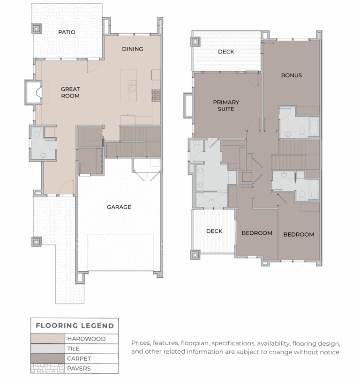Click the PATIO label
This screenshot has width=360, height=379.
pyautogui.click(x=67, y=32)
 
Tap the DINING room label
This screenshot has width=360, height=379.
pyautogui.click(x=132, y=49)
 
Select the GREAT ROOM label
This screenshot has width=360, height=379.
pyautogui.click(x=70, y=92)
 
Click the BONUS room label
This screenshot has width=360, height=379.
pyautogui.click(x=291, y=75)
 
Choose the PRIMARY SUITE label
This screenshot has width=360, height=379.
pyautogui.click(x=226, y=105)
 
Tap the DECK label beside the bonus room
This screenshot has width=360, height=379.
pyautogui.click(x=226, y=52)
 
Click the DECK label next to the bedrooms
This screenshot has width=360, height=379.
pyautogui.click(x=214, y=231)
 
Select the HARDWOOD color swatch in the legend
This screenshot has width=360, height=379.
pyautogui.click(x=47, y=339)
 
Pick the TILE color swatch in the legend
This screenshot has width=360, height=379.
pyautogui.click(x=47, y=349)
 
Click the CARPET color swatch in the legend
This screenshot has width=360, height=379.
pyautogui.click(x=47, y=358)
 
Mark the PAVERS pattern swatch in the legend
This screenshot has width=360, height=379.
pyautogui.click(x=47, y=368)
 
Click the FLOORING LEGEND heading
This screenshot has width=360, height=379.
pyautogui.click(x=75, y=326)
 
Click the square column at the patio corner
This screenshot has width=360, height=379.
pyautogui.click(x=37, y=29)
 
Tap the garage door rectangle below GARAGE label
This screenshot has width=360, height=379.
pyautogui.click(x=121, y=252)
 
